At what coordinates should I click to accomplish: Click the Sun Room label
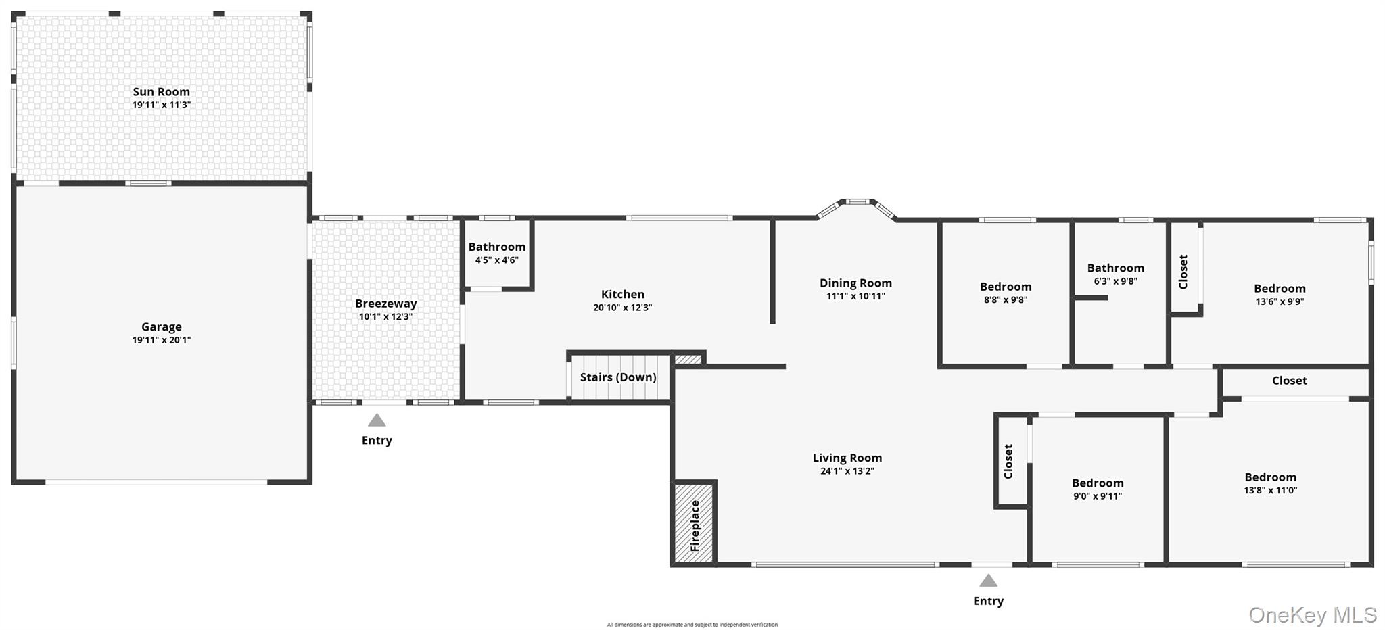pyautogui.click(x=161, y=92)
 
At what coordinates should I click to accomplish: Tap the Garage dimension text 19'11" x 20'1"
pyautogui.click(x=162, y=340)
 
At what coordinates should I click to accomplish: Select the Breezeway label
pyautogui.click(x=386, y=304)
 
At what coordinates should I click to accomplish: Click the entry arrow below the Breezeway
pyautogui.click(x=377, y=420)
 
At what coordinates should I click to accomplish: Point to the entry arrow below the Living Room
pyautogui.click(x=988, y=581)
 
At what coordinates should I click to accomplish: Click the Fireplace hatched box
pyautogui.click(x=695, y=523)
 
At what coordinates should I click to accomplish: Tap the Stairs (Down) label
pyautogui.click(x=618, y=377)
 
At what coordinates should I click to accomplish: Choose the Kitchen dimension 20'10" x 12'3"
pyautogui.click(x=623, y=308)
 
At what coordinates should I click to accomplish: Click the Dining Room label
pyautogui.click(x=855, y=283)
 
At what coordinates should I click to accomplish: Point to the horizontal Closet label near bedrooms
pyautogui.click(x=1290, y=381)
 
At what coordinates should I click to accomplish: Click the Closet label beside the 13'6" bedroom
pyautogui.click(x=1183, y=272)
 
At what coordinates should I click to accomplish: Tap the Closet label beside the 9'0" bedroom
pyautogui.click(x=1008, y=462)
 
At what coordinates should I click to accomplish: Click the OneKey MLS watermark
pyautogui.click(x=1313, y=615)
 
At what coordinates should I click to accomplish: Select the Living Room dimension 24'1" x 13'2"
pyautogui.click(x=847, y=471)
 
